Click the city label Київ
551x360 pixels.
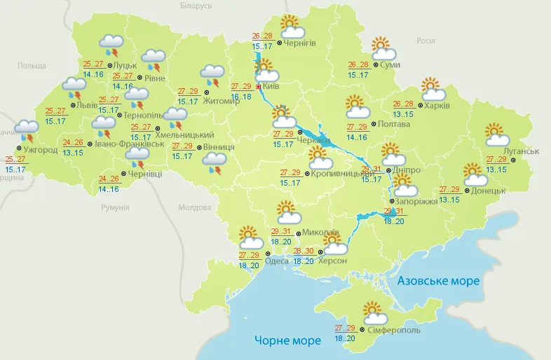coord(271,87)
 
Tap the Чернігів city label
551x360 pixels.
coord(301,43)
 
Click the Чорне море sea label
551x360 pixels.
coord(287,340)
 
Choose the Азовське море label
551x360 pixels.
coord(438,281)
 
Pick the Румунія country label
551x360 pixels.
coord(115,208)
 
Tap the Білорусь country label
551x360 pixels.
coord(196,6)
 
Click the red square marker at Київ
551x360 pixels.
coord(258,87)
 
